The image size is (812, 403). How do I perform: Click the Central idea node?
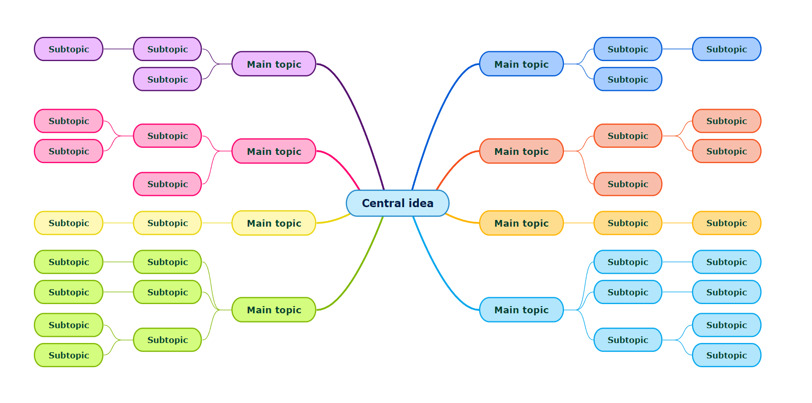pos(397,203)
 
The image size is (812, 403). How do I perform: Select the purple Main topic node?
pos(274,64)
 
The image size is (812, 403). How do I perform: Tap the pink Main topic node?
pos(274,151)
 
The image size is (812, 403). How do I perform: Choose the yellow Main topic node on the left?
pos(274,223)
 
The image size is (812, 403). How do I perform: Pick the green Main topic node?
pos(274,310)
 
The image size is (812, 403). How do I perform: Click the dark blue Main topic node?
pos(521,64)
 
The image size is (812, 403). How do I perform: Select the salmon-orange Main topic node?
pos(521,151)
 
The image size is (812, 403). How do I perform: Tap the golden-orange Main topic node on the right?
pos(521,223)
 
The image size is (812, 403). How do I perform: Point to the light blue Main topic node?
pos(521,310)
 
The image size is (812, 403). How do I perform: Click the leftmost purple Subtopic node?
pos(69,49)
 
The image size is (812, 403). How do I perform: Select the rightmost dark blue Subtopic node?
pos(726,49)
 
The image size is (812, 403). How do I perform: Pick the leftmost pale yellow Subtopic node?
pos(69,223)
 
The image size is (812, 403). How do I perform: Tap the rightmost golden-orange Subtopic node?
pos(726,223)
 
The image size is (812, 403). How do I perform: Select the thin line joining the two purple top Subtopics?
pos(118,49)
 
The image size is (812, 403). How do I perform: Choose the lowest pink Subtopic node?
pos(167,184)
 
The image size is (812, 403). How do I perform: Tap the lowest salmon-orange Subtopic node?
pos(627,184)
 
